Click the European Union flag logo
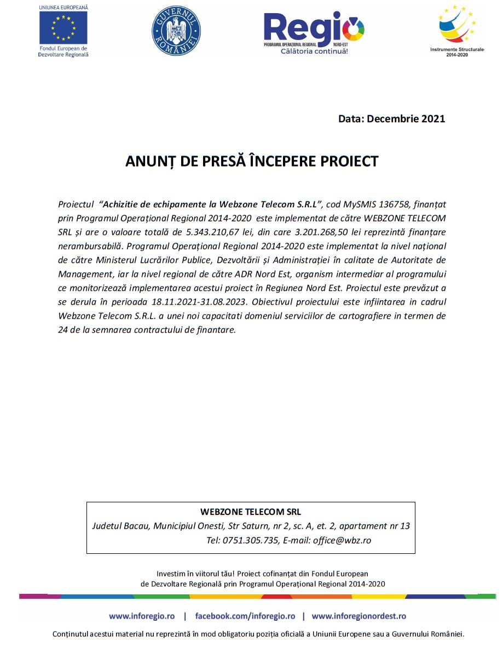[x=63, y=27]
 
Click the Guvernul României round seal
[x=176, y=31]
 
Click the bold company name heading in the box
[x=250, y=512]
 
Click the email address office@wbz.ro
[x=342, y=540]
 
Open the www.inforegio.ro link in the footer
[x=142, y=616]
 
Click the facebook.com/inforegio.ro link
[x=245, y=616]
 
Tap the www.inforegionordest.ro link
[x=359, y=616]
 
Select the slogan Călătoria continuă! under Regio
[x=314, y=51]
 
